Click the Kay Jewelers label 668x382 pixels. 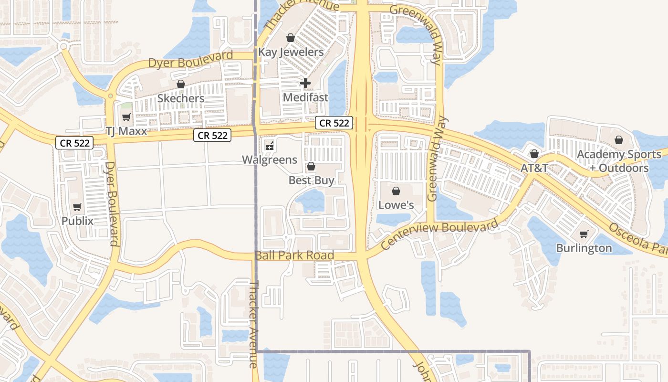pyautogui.click(x=291, y=52)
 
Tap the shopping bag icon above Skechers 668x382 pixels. pyautogui.click(x=180, y=85)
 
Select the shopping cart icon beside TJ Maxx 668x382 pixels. pyautogui.click(x=126, y=117)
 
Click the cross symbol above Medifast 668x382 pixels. pyautogui.click(x=305, y=84)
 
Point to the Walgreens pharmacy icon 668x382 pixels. pyautogui.click(x=270, y=146)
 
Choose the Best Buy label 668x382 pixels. pyautogui.click(x=312, y=180)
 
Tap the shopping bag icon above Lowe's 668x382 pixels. pyautogui.click(x=396, y=191)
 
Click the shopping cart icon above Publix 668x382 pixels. pyautogui.click(x=77, y=207)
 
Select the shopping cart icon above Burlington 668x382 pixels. pyautogui.click(x=584, y=234)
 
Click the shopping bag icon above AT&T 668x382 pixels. pyautogui.click(x=534, y=154)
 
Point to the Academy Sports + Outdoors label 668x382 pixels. pyautogui.click(x=619, y=161)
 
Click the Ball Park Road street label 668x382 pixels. pyautogui.click(x=294, y=255)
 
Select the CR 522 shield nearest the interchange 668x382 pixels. pyautogui.click(x=334, y=123)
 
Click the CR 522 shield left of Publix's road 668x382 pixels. pyautogui.click(x=74, y=142)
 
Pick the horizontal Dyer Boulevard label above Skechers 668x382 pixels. pyautogui.click(x=190, y=59)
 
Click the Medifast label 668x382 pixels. pyautogui.click(x=306, y=97)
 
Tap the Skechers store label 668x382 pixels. pyautogui.click(x=181, y=98)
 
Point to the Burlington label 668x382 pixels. pyautogui.click(x=584, y=248)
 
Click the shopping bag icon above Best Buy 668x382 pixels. pyautogui.click(x=311, y=166)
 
